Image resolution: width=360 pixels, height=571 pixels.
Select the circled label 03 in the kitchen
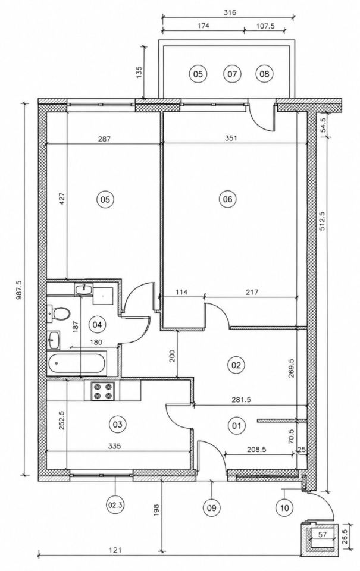point(117,424)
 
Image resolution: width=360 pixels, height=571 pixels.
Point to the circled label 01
point(236,425)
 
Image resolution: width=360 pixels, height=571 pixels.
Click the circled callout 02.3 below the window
point(115,505)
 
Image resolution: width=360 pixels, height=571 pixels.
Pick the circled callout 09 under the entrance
point(212,507)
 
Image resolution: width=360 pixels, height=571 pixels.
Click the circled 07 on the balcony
point(232,74)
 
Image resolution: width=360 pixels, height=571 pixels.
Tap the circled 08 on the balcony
point(264,74)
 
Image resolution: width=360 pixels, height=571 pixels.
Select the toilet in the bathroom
point(60,314)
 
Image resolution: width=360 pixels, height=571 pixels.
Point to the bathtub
point(77,363)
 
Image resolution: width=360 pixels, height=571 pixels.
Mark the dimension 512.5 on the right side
point(322,222)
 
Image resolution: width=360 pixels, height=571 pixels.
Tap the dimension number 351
point(231,138)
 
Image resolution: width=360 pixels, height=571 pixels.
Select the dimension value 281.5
point(242,400)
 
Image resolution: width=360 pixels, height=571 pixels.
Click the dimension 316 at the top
point(230,12)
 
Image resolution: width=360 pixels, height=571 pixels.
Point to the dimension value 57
point(322,535)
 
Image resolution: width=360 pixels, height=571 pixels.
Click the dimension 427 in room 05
point(61,198)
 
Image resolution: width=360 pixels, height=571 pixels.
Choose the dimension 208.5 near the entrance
point(257,450)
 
